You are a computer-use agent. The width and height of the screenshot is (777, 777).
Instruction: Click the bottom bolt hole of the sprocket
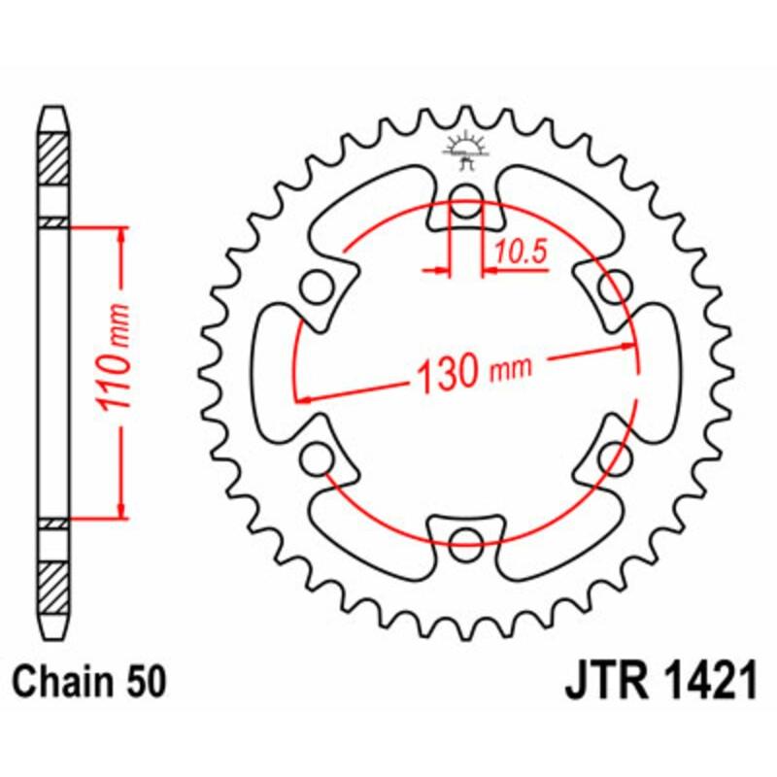[466, 539]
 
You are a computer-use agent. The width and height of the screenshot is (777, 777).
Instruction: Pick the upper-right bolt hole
[611, 287]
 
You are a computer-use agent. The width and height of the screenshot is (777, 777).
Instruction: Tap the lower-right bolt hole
[611, 456]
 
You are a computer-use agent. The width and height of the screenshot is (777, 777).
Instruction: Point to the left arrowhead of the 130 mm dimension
[304, 397]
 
